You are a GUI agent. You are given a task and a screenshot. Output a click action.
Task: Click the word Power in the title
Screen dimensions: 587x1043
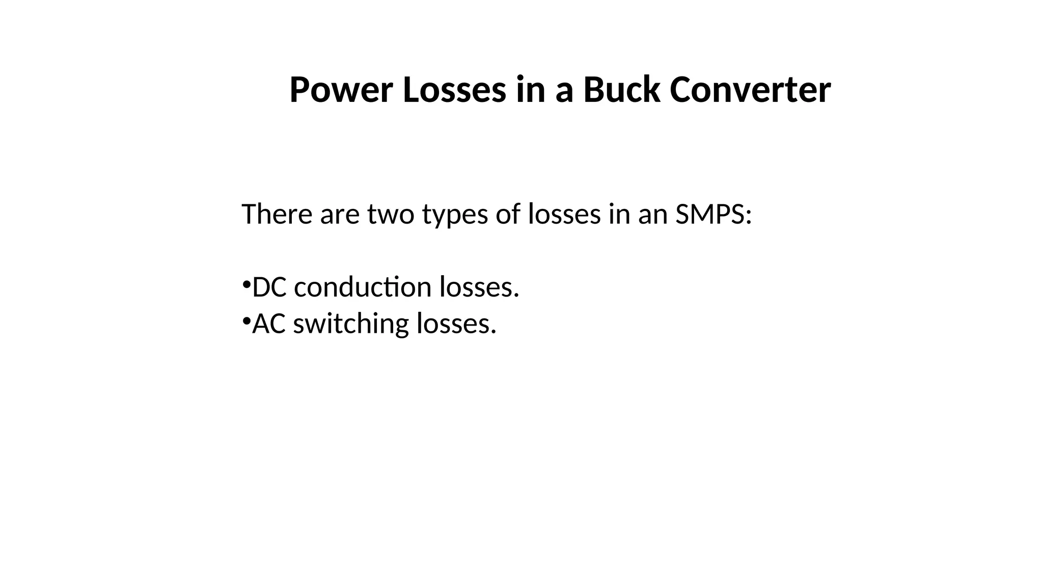pyautogui.click(x=341, y=90)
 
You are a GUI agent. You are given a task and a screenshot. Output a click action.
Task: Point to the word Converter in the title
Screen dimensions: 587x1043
pyautogui.click(x=750, y=90)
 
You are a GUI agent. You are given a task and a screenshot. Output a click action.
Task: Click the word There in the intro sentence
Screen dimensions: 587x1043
pyautogui.click(x=277, y=214)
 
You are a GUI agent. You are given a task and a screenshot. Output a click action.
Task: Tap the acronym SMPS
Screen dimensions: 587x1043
pyautogui.click(x=713, y=214)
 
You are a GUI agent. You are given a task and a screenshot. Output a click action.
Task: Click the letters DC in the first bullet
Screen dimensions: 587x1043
pyautogui.click(x=269, y=287)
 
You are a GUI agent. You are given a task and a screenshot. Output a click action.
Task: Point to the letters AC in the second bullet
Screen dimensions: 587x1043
pyautogui.click(x=269, y=324)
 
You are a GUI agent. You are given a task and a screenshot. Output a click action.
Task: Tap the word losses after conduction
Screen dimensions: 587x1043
pyautogui.click(x=479, y=287)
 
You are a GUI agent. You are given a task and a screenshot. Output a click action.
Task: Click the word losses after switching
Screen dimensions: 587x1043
pyautogui.click(x=456, y=324)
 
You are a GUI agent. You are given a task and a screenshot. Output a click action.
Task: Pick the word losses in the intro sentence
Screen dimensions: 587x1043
pyautogui.click(x=564, y=214)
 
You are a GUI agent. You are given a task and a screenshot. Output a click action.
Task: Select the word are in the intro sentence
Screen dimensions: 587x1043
pyautogui.click(x=340, y=215)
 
